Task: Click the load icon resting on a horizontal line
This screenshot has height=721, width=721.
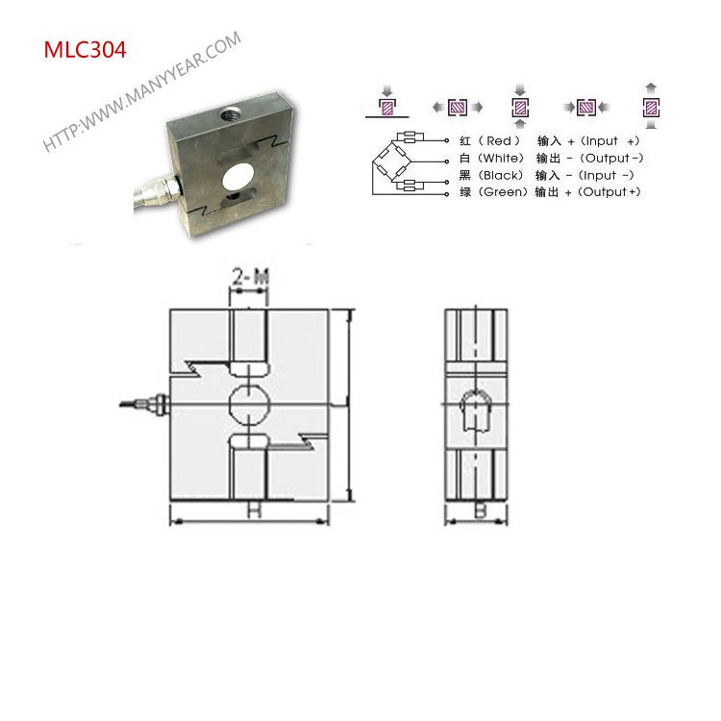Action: (x=388, y=107)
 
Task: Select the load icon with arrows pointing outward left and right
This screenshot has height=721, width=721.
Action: (x=453, y=108)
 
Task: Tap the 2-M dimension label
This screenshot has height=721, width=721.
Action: (x=249, y=279)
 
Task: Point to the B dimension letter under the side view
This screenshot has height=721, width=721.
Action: (x=479, y=510)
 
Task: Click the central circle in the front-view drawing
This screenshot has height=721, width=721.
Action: (x=249, y=404)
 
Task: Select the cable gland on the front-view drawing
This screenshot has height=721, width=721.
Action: (x=154, y=401)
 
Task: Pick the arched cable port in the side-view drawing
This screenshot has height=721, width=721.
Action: (x=479, y=412)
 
